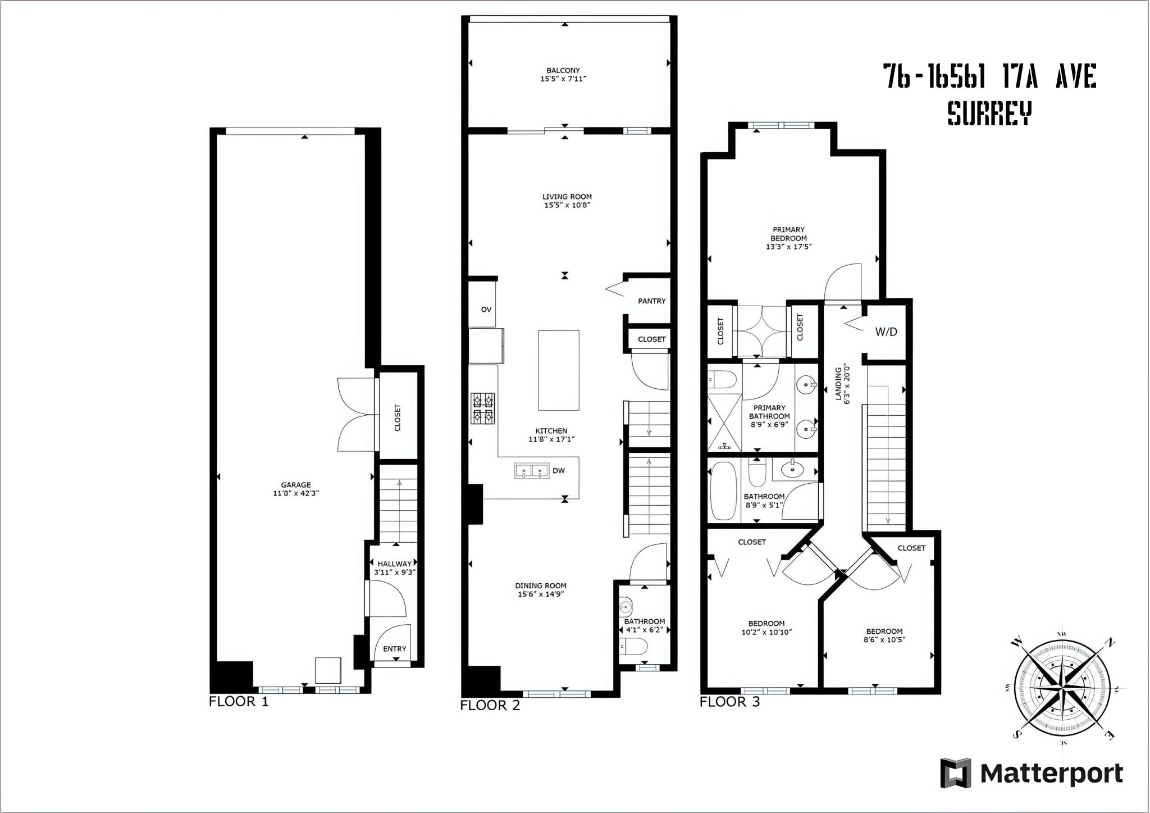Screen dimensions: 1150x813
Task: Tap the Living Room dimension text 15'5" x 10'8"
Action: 567,205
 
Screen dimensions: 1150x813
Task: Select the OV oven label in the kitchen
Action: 486,310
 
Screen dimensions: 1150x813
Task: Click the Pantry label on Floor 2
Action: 652,301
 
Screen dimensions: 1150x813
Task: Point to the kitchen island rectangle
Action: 559,370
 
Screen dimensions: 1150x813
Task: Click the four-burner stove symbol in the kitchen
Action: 483,408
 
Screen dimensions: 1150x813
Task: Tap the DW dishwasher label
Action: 559,471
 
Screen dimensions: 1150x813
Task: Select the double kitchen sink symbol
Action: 532,471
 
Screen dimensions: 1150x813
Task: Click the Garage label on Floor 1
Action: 296,485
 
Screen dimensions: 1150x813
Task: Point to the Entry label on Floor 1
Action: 395,649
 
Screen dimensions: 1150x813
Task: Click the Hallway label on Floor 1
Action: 395,564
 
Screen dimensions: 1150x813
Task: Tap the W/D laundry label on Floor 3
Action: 886,332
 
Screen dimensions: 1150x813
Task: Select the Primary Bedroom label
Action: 789,234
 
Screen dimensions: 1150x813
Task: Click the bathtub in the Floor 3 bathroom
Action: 723,490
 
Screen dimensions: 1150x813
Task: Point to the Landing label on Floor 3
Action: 838,383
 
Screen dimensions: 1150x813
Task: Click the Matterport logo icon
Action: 956,773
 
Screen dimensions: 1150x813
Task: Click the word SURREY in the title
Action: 989,113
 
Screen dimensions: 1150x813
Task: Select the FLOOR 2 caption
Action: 490,706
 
